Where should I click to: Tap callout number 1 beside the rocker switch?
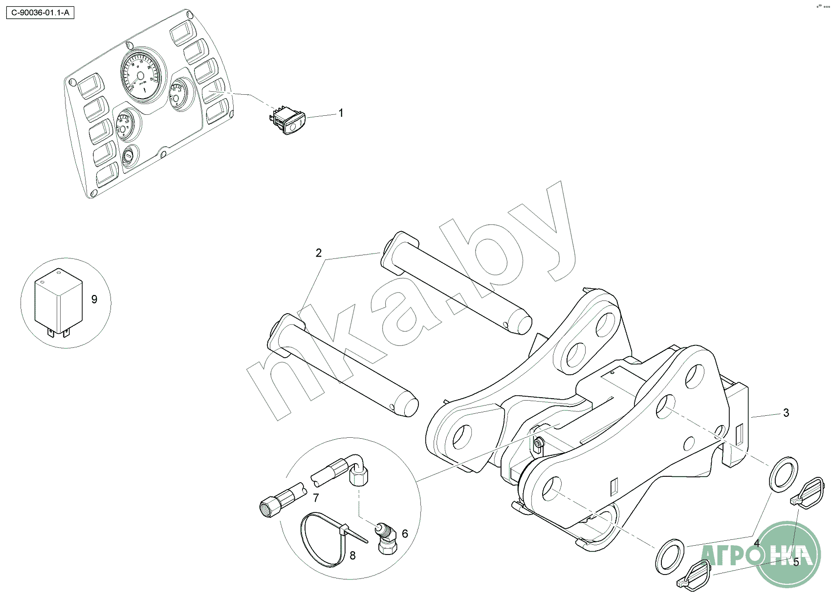pos(341,113)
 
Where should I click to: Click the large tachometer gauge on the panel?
pos(140,75)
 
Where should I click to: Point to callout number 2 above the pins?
pos(319,253)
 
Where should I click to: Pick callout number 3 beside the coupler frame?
pos(786,413)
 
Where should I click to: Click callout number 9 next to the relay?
pos(94,299)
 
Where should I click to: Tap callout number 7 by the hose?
pos(316,498)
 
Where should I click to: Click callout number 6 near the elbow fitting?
pos(405,534)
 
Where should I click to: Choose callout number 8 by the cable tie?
pos(352,555)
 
